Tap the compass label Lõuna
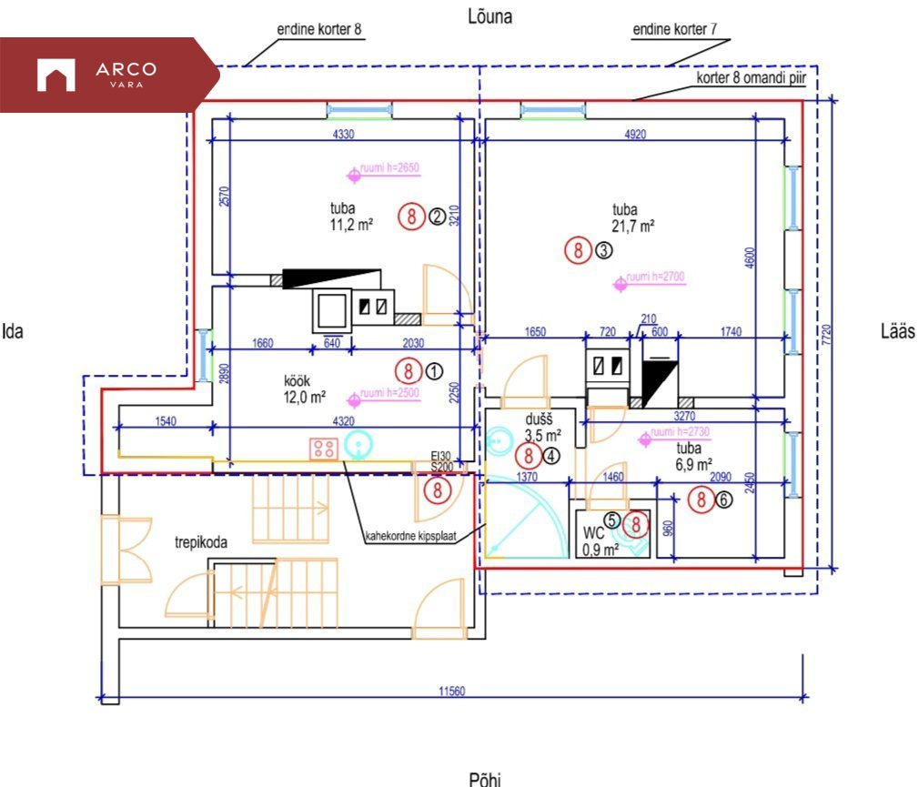(489, 16)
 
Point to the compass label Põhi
(484, 778)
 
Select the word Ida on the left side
(13, 331)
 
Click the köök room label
(298, 380)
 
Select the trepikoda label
(200, 542)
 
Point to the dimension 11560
(451, 691)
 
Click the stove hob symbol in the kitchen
(323, 447)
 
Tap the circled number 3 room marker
(604, 250)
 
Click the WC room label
(593, 533)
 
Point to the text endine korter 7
(674, 30)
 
